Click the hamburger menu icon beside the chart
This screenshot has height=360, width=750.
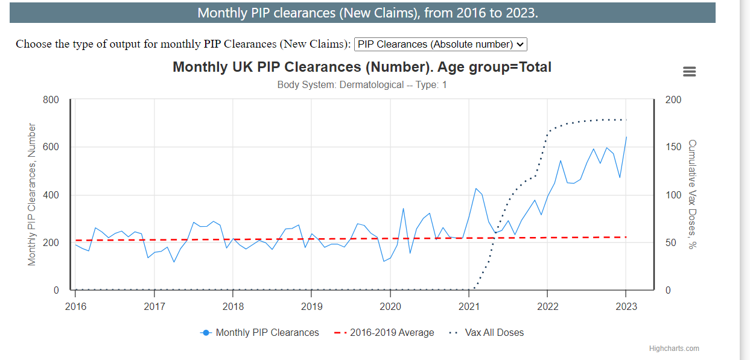click(689, 71)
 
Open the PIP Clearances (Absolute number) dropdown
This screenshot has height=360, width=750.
click(441, 44)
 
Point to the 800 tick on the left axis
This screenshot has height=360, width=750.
click(51, 99)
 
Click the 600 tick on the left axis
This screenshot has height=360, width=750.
click(51, 147)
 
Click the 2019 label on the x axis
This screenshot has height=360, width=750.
click(311, 306)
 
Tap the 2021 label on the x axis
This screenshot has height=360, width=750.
click(469, 306)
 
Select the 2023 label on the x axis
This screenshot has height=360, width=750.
click(626, 306)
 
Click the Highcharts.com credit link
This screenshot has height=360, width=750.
click(674, 349)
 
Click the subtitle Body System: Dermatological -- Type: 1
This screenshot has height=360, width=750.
click(362, 84)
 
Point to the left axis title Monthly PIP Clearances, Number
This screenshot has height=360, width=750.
click(33, 194)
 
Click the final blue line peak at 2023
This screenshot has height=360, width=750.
click(626, 137)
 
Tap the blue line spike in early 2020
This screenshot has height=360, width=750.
click(403, 209)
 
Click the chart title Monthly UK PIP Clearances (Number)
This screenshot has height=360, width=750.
click(362, 67)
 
